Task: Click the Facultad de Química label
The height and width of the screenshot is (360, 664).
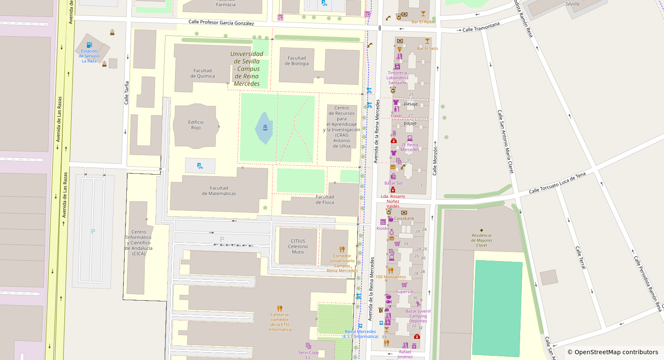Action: click(x=202, y=74)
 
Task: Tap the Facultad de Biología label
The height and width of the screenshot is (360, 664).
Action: click(x=296, y=61)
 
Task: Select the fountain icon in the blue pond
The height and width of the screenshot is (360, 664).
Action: click(x=265, y=127)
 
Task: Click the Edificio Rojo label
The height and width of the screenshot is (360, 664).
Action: click(x=196, y=125)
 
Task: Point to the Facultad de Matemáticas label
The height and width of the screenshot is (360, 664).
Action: click(x=219, y=191)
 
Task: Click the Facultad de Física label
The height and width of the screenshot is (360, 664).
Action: click(x=324, y=200)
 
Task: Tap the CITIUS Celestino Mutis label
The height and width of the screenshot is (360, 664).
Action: click(x=298, y=247)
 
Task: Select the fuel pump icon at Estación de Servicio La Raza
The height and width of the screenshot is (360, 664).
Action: click(x=89, y=45)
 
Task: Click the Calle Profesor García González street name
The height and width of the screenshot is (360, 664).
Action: click(x=221, y=22)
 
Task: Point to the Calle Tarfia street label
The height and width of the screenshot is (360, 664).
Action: click(x=126, y=93)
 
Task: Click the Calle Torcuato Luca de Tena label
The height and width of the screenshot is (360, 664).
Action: click(x=557, y=183)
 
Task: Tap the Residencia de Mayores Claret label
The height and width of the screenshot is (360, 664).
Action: click(x=481, y=240)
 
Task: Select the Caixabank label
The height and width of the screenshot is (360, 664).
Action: click(x=404, y=218)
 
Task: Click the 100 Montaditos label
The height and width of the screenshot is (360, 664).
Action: click(x=390, y=277)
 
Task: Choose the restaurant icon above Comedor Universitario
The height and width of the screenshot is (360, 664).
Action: click(x=342, y=249)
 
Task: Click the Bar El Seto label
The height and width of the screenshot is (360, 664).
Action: click(x=427, y=49)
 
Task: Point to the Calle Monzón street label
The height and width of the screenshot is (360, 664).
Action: click(x=435, y=160)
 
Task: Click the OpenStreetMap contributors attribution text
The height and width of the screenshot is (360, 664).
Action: click(x=613, y=352)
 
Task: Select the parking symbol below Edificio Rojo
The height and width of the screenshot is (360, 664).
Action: click(x=200, y=166)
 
